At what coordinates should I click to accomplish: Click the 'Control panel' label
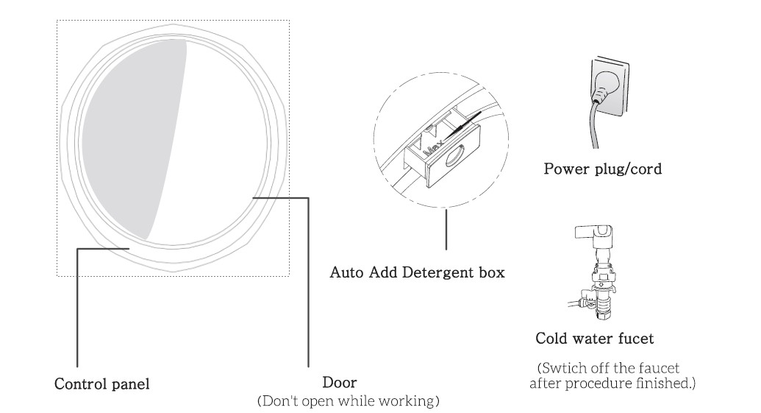103,384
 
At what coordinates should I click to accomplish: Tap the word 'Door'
340,384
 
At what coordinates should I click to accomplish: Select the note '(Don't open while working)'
347,402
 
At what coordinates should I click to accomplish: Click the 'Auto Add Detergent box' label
417,273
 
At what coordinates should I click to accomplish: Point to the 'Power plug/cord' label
602,169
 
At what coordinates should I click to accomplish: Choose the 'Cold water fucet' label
594,339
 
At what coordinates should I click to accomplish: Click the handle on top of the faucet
587,233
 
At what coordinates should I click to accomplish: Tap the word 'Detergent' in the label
437,273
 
